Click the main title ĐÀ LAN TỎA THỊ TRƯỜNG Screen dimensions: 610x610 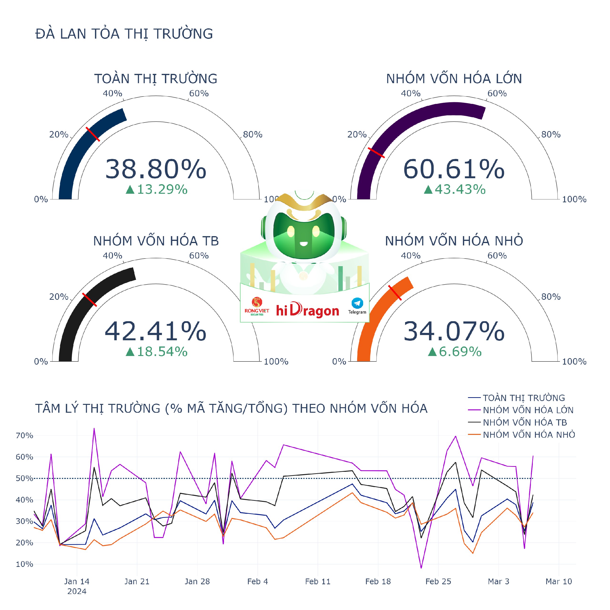coord(124,34)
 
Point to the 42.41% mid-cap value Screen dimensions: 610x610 coord(156,331)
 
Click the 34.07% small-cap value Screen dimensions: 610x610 coord(454,331)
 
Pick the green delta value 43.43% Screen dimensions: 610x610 coord(455,189)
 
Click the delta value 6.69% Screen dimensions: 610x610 coord(455,352)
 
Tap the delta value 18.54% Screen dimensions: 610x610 coord(157,352)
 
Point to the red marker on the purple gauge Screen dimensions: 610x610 coord(376,152)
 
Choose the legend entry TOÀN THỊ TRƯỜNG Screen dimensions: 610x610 coord(524,398)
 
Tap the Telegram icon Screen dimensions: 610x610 coord(357,303)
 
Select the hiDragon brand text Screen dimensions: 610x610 coord(308,311)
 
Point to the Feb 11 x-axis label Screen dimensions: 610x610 coord(318,582)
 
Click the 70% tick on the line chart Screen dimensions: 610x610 coord(24,436)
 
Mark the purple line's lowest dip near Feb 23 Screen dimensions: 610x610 coord(421,568)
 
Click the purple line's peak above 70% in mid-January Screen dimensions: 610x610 coord(94,428)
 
